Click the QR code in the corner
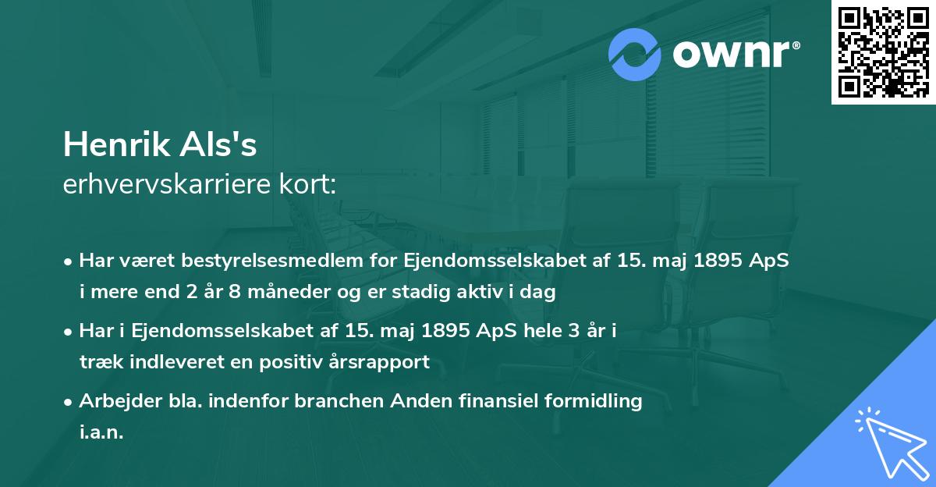[x=883, y=52]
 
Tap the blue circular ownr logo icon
[x=634, y=55]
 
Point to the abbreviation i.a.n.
[x=101, y=432]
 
